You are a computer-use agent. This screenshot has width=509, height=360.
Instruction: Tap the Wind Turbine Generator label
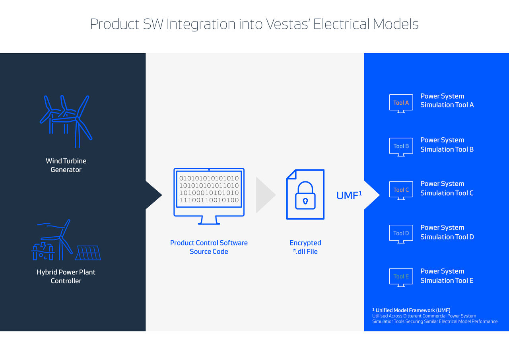[66, 165]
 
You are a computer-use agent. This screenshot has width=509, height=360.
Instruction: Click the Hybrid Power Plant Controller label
[66, 276]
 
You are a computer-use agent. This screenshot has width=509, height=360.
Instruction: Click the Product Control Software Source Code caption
[209, 247]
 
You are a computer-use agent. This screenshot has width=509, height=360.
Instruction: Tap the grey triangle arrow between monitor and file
[265, 195]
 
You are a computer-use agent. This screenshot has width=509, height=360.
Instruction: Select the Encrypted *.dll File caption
[305, 247]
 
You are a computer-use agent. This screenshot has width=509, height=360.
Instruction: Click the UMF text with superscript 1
[349, 195]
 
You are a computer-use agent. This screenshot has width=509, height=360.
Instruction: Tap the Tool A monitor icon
[401, 103]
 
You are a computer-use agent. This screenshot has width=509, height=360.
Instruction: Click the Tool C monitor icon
[401, 190]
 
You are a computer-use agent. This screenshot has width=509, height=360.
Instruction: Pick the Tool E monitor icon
[401, 277]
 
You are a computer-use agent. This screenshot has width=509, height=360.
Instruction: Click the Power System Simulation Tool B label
[447, 145]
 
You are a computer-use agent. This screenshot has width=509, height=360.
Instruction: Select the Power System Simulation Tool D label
[447, 232]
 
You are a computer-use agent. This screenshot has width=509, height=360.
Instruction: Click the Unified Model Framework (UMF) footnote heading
[412, 310]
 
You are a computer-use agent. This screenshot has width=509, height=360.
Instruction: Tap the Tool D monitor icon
[401, 234]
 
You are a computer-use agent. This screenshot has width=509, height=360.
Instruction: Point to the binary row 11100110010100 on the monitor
[209, 200]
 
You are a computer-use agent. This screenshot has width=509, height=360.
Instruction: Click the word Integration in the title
[201, 24]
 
